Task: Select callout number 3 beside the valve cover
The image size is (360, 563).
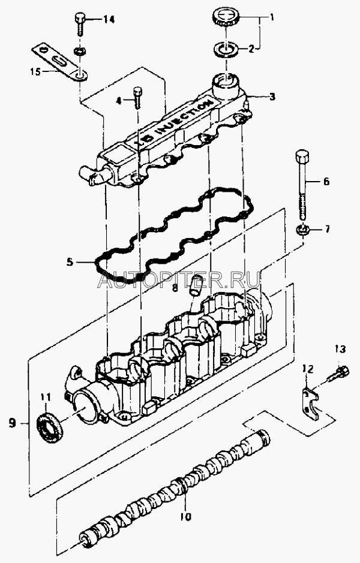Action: (272, 96)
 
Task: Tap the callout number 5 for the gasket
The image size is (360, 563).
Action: (70, 262)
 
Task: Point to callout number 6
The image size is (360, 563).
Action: (326, 181)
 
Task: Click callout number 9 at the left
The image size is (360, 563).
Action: (12, 423)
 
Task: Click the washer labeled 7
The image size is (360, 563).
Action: (302, 230)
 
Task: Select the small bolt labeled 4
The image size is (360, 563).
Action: (139, 99)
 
